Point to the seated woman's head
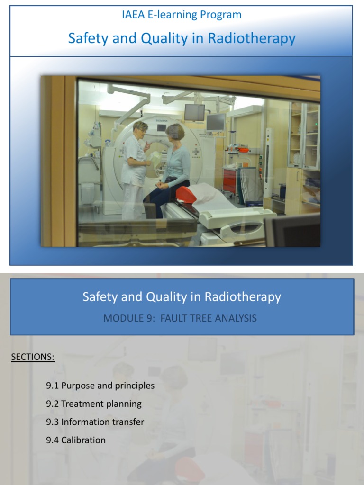click(174, 133)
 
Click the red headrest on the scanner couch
click(186, 194)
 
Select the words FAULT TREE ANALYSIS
click(209, 318)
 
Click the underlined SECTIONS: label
click(33, 357)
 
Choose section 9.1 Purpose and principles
click(100, 386)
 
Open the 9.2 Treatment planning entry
click(94, 404)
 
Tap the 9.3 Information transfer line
click(95, 422)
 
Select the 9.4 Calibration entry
click(76, 440)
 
